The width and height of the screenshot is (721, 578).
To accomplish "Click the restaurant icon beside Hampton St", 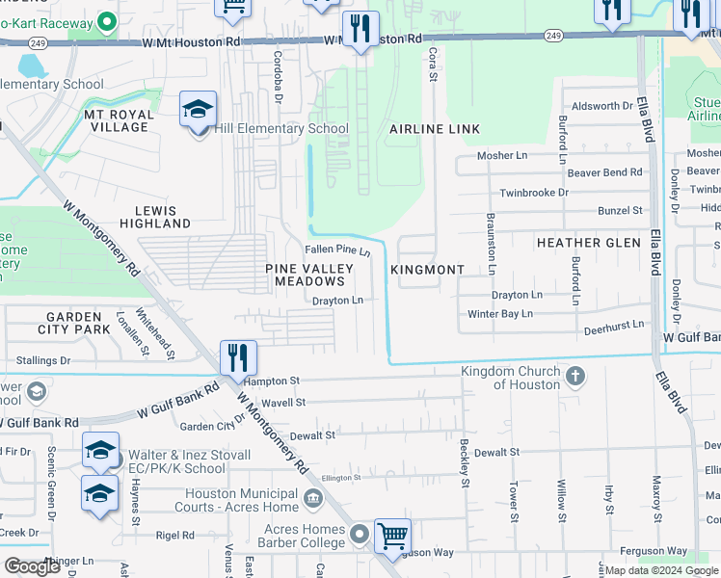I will pos(237,357).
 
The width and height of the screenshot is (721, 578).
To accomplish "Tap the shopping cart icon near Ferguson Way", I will pos(392,536).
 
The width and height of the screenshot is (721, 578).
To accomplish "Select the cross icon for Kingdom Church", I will pos(574,375).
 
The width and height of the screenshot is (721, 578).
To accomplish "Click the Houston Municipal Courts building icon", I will pos(313,498).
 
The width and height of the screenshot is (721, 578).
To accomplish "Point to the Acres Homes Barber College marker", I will pos(360,533).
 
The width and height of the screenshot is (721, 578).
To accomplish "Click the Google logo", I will pos(32,566).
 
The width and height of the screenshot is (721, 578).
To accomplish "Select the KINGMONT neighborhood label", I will pos(428,271).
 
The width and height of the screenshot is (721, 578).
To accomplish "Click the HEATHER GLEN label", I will pos(588,243).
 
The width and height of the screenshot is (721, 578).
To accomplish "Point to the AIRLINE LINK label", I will pos(434,129).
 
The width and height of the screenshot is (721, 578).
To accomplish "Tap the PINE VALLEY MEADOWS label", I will pos(308,275).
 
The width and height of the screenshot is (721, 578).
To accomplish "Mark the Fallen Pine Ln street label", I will pos(338,250).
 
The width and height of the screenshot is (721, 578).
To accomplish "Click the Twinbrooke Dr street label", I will pos(533,193).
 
